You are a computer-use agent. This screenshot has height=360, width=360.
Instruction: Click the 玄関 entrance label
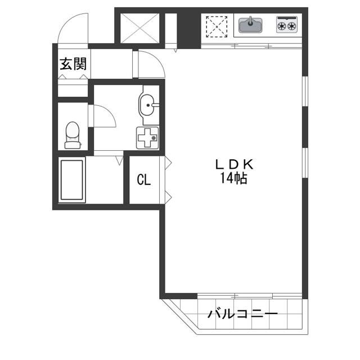73,64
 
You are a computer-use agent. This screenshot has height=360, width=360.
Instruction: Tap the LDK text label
234,164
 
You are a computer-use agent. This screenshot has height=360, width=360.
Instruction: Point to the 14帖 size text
234,178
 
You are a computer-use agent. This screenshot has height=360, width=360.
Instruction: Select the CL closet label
144,179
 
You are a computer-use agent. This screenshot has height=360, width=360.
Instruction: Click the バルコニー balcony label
243,313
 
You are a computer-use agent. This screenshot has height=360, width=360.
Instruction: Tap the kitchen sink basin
250,25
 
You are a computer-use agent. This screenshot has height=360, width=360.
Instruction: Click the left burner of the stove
281,26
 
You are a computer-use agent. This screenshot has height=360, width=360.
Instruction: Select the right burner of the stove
291,26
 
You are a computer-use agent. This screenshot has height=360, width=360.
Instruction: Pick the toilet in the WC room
73,135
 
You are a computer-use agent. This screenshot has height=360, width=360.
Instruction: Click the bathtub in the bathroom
72,180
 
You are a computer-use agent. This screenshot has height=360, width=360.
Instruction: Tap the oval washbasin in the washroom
146,105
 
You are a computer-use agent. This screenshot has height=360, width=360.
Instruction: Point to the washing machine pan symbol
147,138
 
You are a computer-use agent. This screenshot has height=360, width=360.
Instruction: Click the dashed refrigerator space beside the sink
217,26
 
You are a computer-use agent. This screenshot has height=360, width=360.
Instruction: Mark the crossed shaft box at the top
140,28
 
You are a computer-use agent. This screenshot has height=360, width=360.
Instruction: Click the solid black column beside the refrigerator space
189,31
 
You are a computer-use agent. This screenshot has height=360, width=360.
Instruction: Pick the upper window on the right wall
305,91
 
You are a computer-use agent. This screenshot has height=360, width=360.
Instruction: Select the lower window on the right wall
305,163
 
